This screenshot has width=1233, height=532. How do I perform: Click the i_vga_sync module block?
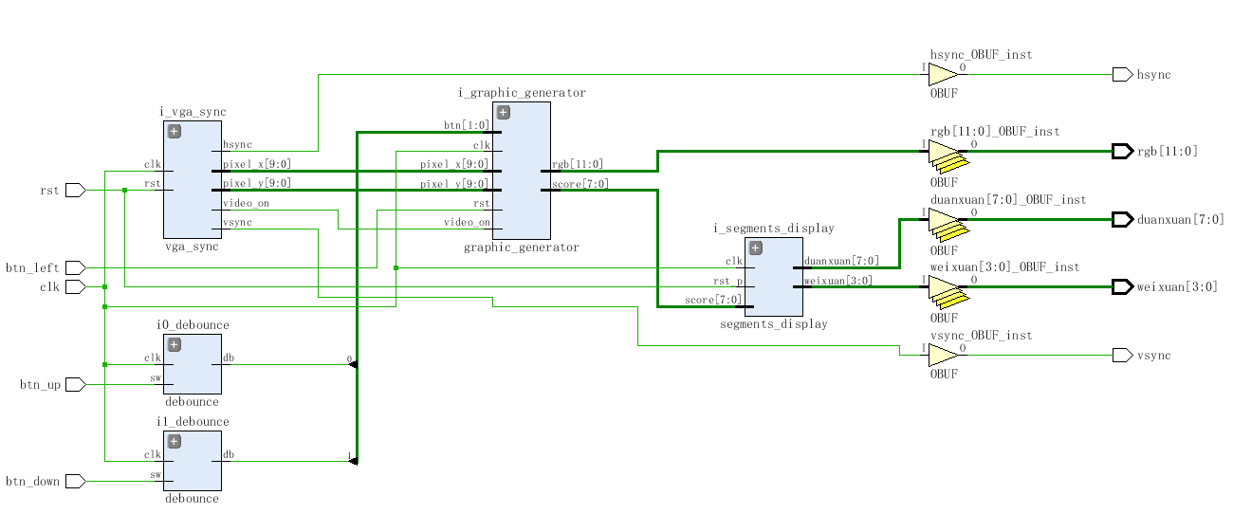[193, 180]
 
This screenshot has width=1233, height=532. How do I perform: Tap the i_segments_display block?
[773, 277]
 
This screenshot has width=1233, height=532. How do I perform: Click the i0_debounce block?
[193, 364]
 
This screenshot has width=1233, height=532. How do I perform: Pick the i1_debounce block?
[193, 461]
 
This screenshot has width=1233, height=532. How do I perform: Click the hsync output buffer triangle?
[942, 74]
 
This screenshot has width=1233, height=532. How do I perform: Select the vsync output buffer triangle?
[942, 355]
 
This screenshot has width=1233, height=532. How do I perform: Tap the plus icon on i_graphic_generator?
[503, 112]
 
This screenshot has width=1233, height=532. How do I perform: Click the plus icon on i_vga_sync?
[174, 131]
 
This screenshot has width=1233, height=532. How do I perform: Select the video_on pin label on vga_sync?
[245, 203]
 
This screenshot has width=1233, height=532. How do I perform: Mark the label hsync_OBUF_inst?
[981, 55]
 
